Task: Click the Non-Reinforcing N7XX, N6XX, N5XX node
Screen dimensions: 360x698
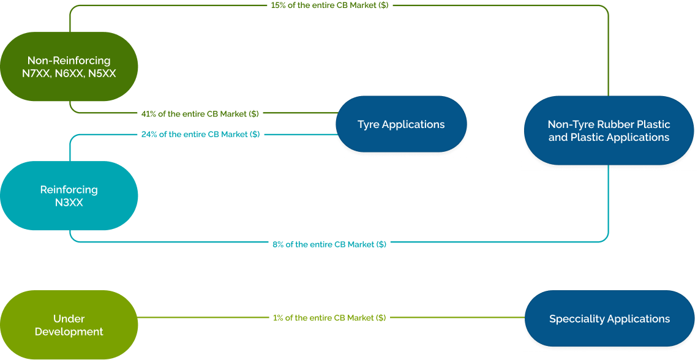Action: [69, 67]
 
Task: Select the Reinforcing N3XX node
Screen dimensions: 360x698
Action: [69, 196]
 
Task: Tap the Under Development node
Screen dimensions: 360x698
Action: [69, 325]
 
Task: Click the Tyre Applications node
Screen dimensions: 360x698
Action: [401, 124]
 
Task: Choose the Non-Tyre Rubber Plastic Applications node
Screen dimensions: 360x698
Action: [609, 130]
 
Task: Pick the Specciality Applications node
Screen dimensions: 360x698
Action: [609, 319]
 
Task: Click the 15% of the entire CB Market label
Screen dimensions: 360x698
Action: [329, 5]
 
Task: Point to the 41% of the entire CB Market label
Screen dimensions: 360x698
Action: [200, 113]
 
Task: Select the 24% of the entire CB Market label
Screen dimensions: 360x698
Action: [200, 134]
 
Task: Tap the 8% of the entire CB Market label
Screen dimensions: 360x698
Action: [329, 244]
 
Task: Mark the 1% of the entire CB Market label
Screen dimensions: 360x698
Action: [329, 318]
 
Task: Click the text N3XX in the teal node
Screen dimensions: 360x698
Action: [69, 203]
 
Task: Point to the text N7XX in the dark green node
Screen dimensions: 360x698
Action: [36, 73]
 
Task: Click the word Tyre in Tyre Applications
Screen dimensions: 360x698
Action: [369, 124]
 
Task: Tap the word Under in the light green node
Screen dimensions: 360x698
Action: [69, 318]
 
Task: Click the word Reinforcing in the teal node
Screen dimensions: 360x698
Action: [69, 190]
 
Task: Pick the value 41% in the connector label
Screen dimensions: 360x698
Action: [149, 113]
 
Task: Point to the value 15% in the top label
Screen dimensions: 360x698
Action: [278, 5]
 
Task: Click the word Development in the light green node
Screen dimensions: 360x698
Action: [69, 332]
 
